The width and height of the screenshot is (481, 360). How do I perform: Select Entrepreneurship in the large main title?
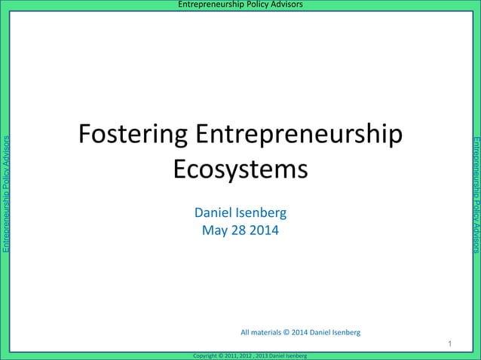click(299, 136)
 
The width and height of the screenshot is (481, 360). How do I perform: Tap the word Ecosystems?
click(240, 169)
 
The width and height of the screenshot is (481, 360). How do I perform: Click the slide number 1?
click(449, 344)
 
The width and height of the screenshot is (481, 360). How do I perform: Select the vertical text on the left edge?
click(7, 194)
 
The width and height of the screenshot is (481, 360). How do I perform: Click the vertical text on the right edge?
click(475, 194)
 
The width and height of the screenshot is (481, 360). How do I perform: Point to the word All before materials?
click(245, 331)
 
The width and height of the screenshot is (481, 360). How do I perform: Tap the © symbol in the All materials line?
click(291, 331)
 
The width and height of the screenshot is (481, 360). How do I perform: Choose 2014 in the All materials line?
click(303, 331)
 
